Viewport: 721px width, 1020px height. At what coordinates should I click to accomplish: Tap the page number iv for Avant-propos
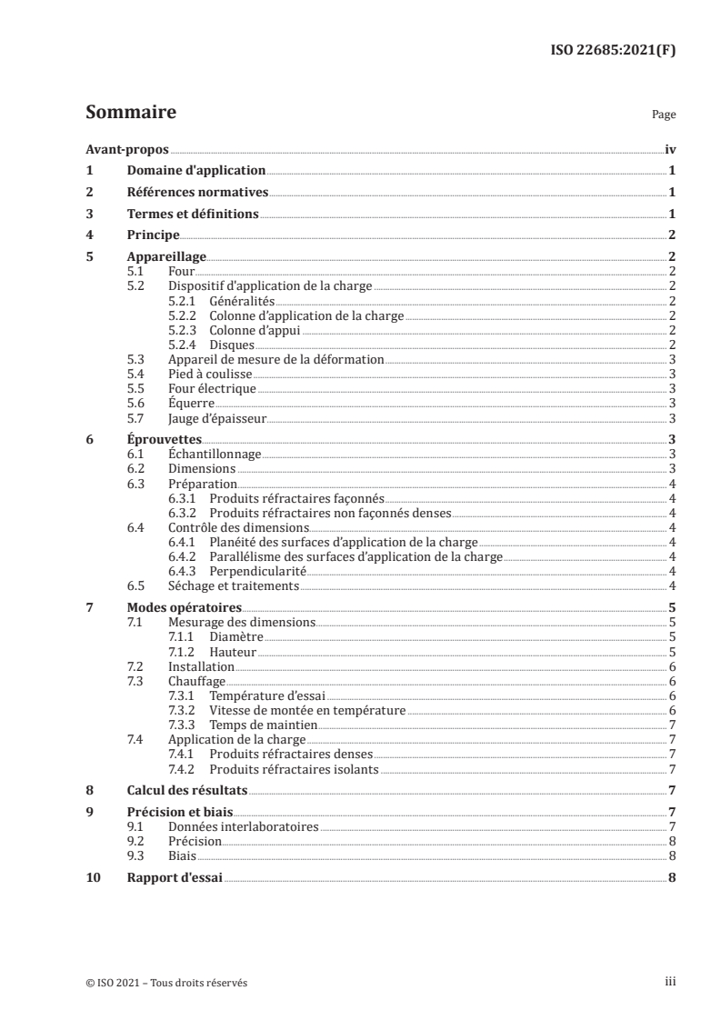tap(670, 149)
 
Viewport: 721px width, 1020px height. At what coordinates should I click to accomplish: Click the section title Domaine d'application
tap(195, 170)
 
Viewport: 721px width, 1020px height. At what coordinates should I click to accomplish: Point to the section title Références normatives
tap(196, 192)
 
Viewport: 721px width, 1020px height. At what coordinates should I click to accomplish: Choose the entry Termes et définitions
tap(192, 214)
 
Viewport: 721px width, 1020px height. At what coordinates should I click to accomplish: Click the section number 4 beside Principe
tap(89, 235)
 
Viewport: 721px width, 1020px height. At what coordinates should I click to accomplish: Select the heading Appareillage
tap(166, 257)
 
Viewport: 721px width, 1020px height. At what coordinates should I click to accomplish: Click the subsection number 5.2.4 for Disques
tap(185, 345)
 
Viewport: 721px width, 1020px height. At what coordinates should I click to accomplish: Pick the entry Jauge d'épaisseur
tap(216, 417)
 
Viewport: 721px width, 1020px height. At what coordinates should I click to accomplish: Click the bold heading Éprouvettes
tap(164, 439)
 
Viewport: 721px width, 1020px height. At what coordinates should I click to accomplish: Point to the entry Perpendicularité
tap(258, 570)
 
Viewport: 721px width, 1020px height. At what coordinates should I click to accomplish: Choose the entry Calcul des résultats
tap(186, 791)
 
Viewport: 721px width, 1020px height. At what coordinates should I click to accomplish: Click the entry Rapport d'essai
tap(175, 878)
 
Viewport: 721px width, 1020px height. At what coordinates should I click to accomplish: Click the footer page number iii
tap(670, 982)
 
